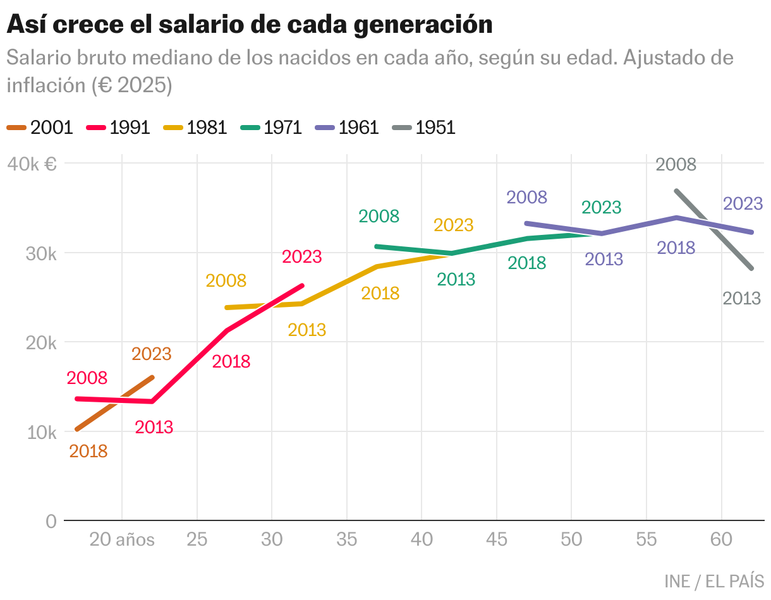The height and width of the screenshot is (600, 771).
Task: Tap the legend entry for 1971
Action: [271, 128]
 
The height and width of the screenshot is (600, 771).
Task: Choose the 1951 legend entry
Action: [423, 128]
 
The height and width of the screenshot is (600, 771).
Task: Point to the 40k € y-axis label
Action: [32, 164]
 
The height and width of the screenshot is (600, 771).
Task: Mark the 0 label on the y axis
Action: [51, 522]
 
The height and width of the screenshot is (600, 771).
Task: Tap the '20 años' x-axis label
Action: [122, 540]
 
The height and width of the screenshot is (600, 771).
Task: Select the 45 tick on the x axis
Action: [497, 540]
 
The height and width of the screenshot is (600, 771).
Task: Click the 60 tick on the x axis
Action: [721, 540]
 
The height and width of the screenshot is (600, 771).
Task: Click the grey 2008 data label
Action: [676, 165]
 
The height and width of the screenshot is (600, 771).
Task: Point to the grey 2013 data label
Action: [741, 298]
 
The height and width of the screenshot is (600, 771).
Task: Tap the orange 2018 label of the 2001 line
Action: [88, 452]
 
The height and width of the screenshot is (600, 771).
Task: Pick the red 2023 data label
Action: [301, 257]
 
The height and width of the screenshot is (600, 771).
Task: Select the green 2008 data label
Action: [379, 217]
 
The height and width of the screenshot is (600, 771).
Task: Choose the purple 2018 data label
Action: [676, 248]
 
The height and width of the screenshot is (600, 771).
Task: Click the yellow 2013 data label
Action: [307, 330]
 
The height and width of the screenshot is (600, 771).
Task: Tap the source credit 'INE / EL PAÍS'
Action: [714, 581]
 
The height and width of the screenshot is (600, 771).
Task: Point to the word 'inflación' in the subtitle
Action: [46, 85]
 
